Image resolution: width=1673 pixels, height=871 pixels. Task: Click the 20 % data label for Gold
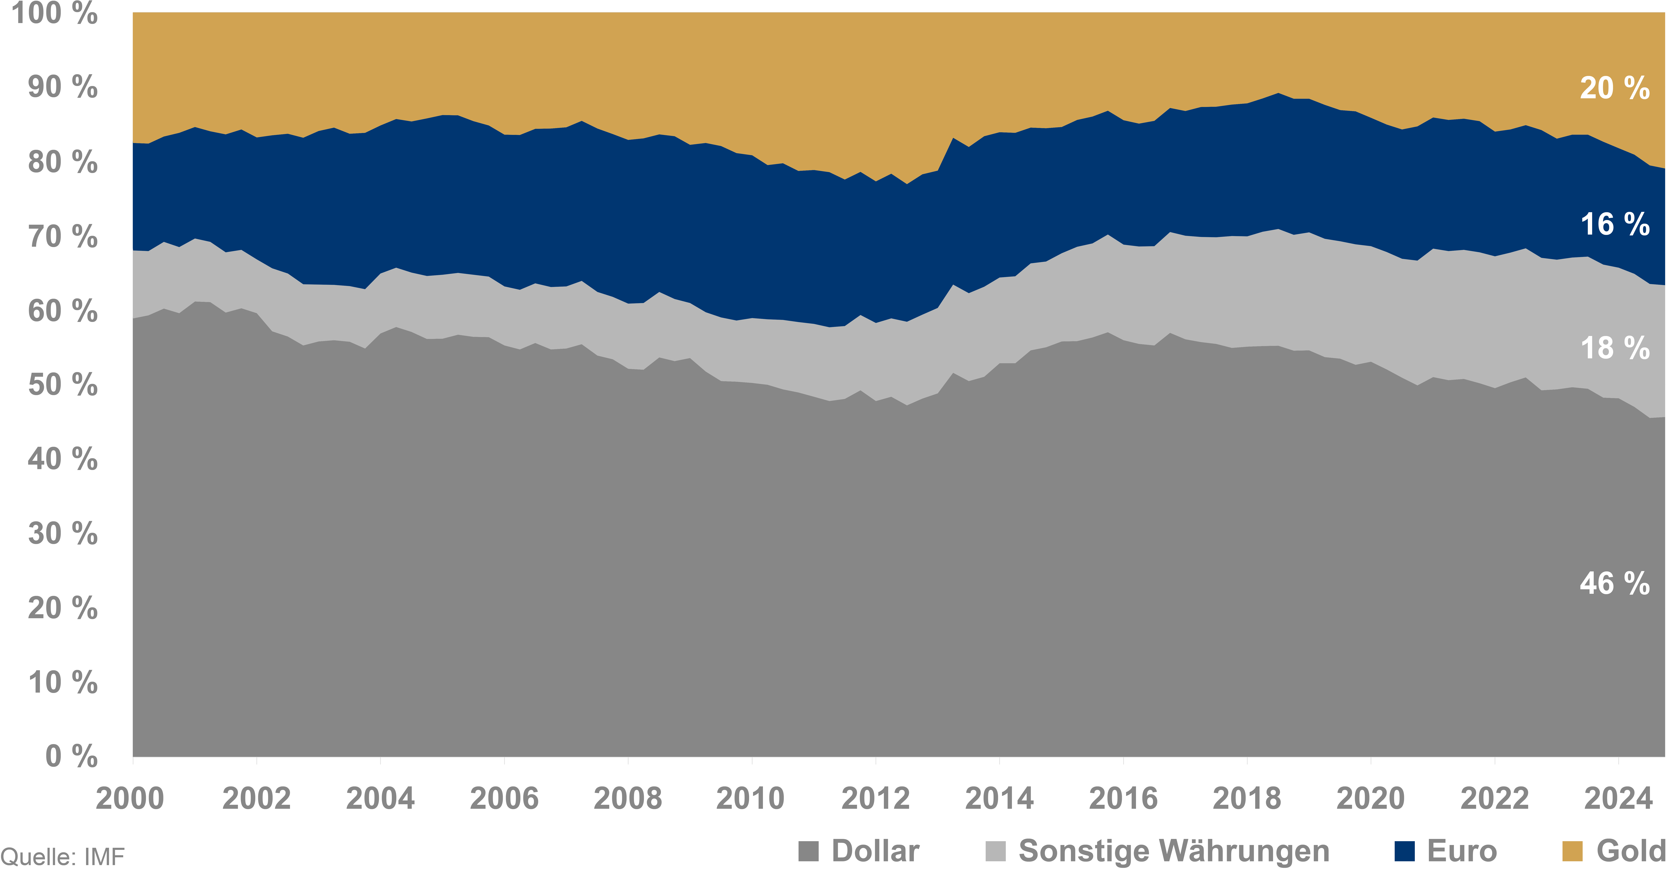(x=1615, y=88)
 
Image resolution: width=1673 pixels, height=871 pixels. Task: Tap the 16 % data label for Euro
(x=1615, y=225)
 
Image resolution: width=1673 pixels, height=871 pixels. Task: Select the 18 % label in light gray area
(x=1615, y=348)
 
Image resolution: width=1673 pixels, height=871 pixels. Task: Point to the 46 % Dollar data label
(x=1615, y=584)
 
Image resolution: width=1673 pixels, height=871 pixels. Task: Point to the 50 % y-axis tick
(x=62, y=385)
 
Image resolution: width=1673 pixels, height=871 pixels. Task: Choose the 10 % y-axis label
(x=62, y=683)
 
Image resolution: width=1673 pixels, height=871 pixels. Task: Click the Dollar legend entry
(x=875, y=851)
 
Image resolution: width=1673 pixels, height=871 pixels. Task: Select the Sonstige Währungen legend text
(x=1174, y=851)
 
